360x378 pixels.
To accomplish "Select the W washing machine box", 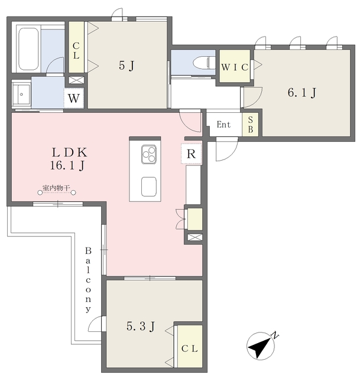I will [x=73, y=99].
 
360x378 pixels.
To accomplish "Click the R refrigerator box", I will [x=192, y=154].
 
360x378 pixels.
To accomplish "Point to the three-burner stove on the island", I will [x=149, y=155].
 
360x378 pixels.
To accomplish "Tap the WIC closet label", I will [x=234, y=67].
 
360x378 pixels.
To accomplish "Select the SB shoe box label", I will [x=250, y=125].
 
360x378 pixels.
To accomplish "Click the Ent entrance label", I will [x=223, y=125].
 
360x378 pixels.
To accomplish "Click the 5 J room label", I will [x=127, y=66].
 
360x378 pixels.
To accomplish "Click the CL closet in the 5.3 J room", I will [x=189, y=348].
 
